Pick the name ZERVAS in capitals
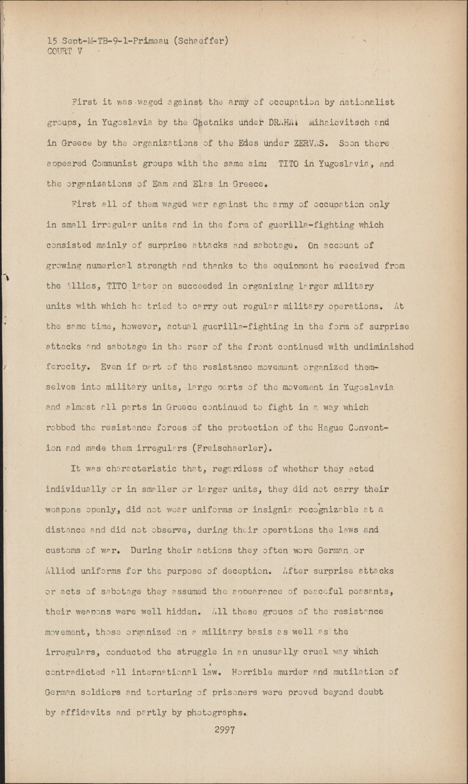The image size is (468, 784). pyautogui.click(x=307, y=143)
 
